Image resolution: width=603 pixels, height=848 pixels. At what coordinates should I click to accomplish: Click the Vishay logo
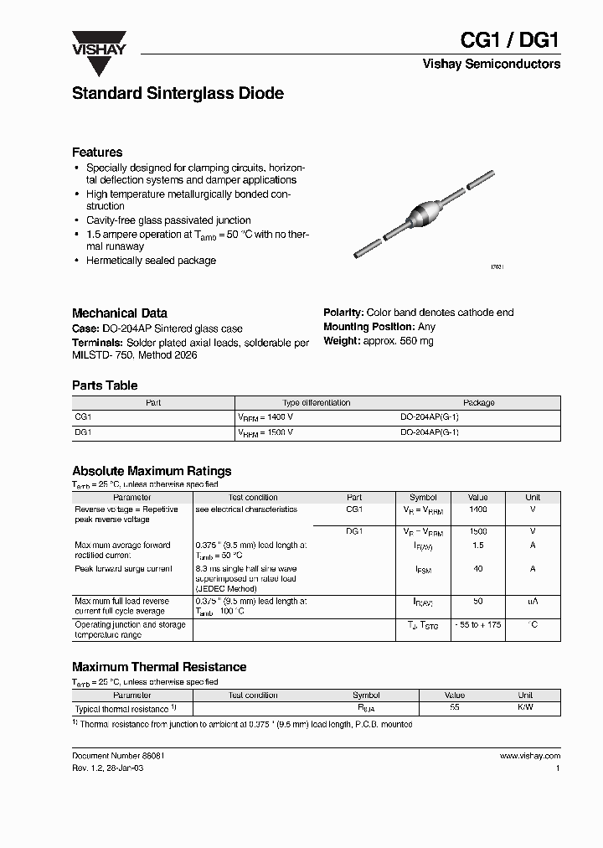pyautogui.click(x=98, y=44)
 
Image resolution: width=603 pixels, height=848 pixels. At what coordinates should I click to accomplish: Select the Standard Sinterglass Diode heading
pyautogui.click(x=178, y=94)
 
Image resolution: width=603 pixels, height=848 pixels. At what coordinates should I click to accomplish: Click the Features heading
pyautogui.click(x=97, y=153)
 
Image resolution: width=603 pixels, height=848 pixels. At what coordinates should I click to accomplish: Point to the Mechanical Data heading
pyautogui.click(x=120, y=313)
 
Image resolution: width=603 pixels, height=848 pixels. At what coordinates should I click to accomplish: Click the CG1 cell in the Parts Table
pyautogui.click(x=83, y=416)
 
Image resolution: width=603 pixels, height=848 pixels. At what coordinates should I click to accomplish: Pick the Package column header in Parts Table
pyautogui.click(x=479, y=403)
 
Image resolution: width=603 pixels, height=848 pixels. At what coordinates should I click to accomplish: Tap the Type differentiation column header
pyautogui.click(x=317, y=403)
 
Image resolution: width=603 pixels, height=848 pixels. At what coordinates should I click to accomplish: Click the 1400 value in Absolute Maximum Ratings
pyautogui.click(x=477, y=509)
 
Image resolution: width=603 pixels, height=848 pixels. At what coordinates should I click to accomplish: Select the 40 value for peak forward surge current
pyautogui.click(x=477, y=569)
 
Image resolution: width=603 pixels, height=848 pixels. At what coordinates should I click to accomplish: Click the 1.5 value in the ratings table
pyautogui.click(x=477, y=546)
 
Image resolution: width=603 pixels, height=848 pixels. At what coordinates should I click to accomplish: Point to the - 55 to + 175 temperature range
pyautogui.click(x=477, y=626)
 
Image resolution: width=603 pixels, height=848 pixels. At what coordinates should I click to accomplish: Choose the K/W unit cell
pyautogui.click(x=525, y=708)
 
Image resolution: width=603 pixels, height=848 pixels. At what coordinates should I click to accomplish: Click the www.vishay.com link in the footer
pyautogui.click(x=529, y=756)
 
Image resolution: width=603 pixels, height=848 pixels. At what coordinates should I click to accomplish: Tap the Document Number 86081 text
pyautogui.click(x=119, y=756)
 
